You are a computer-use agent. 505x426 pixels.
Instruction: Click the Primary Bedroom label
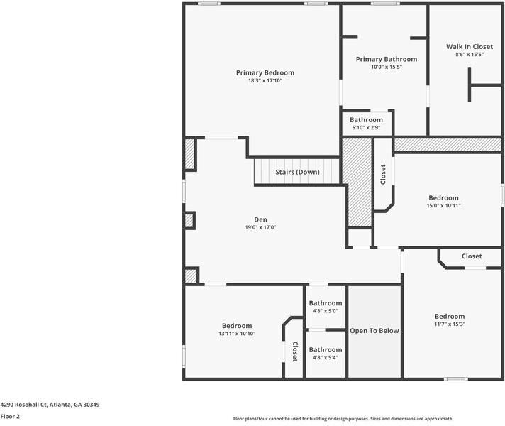(265, 72)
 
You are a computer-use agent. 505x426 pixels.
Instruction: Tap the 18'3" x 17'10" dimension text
(265, 81)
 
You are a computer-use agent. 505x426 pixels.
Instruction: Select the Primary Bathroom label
(386, 59)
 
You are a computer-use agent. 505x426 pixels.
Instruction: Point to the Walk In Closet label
(469, 47)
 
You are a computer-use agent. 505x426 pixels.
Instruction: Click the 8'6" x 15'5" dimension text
(469, 55)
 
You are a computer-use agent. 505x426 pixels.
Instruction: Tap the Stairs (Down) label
(297, 172)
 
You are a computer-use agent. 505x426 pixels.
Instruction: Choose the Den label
(260, 219)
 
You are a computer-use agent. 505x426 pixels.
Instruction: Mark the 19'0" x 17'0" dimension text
(260, 228)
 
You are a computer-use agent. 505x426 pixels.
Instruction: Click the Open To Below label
(374, 331)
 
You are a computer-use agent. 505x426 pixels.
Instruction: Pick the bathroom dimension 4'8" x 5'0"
(325, 311)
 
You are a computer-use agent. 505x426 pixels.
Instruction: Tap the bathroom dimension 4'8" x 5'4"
(325, 357)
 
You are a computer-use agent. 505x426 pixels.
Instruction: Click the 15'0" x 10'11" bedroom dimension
(443, 206)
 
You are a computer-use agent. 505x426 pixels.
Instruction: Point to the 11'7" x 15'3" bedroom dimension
(450, 324)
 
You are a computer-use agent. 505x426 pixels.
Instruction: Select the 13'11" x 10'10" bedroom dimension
(237, 334)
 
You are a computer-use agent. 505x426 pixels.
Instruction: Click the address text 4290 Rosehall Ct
(50, 405)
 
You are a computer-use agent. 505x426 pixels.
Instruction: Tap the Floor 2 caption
(10, 417)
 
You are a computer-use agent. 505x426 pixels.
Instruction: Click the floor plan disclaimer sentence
(343, 419)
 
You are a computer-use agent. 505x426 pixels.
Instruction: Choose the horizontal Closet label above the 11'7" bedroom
(472, 256)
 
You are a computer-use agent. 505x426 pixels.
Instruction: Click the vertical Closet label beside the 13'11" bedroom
(295, 351)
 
